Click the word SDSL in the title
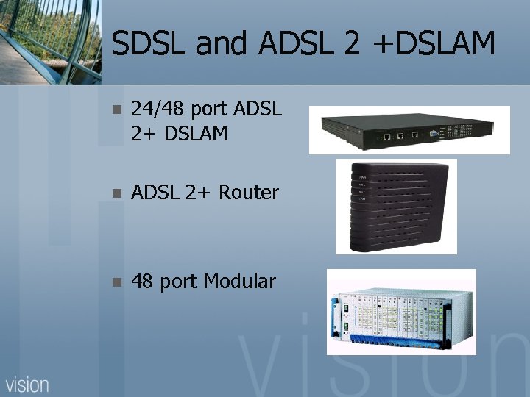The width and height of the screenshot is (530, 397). [149, 44]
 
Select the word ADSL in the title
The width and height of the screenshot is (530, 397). [300, 44]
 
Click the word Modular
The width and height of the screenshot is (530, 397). [239, 281]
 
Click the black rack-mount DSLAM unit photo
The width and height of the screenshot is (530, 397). [409, 130]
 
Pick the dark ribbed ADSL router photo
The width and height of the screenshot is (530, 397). [395, 206]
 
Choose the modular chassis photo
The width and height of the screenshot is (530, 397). [401, 312]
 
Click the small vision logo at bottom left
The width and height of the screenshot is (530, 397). [28, 383]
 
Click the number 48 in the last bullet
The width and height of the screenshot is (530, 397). [142, 281]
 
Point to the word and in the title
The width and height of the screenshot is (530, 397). [224, 44]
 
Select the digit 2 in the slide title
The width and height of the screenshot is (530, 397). [351, 44]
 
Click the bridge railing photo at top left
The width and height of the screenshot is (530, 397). [49, 40]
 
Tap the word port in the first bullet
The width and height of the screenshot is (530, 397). [208, 111]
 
